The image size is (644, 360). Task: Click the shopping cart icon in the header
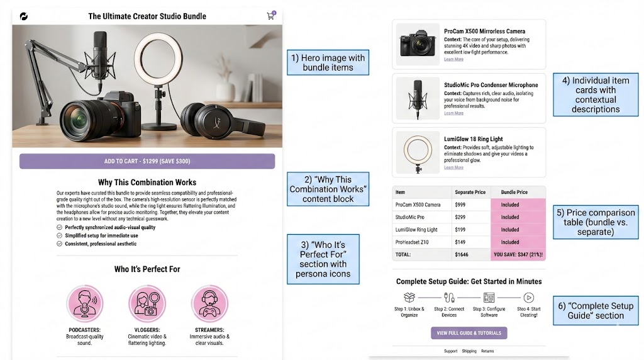click(x=270, y=16)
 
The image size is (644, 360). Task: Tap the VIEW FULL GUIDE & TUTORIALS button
click(x=469, y=333)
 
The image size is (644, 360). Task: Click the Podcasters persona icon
click(x=85, y=304)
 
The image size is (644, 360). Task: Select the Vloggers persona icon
click(x=147, y=304)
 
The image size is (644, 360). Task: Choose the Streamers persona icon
click(x=209, y=304)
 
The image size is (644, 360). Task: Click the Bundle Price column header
click(x=518, y=192)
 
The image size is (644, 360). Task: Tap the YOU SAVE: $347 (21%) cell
click(x=518, y=255)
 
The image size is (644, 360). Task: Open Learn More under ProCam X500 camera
click(x=453, y=59)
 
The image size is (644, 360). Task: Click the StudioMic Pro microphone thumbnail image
click(x=417, y=99)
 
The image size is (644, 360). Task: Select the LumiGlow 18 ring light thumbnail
click(x=417, y=153)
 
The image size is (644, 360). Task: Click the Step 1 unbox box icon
click(x=409, y=298)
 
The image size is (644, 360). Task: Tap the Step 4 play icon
click(x=528, y=298)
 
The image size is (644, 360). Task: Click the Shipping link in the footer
click(x=469, y=351)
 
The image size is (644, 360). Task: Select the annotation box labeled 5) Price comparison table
click(x=596, y=222)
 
